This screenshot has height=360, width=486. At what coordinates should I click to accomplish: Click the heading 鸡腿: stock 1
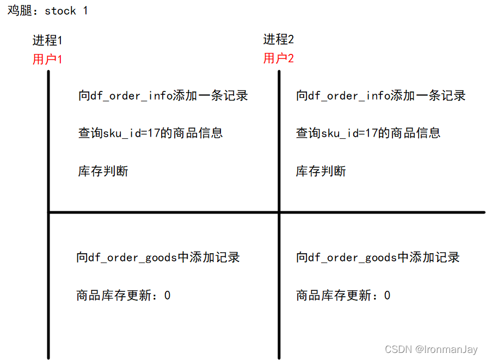47,10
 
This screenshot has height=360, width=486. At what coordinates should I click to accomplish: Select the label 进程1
47,41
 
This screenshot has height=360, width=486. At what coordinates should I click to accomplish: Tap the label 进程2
279,39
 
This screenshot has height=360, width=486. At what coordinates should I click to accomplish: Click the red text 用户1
47,59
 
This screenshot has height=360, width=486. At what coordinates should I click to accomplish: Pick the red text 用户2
279,58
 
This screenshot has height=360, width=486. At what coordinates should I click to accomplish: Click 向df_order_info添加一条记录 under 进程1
163,96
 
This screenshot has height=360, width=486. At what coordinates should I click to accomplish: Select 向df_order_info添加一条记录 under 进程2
380,96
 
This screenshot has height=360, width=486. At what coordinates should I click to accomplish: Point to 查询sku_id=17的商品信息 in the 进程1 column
150,133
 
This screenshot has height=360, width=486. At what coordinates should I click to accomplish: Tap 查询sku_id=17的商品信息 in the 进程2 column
368,133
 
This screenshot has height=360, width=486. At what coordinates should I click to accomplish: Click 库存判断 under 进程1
103,171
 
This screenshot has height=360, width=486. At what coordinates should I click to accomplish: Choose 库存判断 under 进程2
321,171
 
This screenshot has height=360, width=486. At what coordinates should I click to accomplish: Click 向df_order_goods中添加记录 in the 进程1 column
158,257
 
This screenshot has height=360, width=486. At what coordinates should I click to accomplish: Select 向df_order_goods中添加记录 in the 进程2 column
378,257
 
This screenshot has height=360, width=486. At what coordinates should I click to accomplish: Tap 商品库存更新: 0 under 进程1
123,295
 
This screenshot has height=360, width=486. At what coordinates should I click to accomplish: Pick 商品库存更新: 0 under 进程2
343,295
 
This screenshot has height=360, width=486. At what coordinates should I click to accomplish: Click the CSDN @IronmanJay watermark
430,349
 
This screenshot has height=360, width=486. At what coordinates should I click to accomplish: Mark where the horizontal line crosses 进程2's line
279,212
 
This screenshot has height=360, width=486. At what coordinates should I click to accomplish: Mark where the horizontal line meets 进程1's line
49,212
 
